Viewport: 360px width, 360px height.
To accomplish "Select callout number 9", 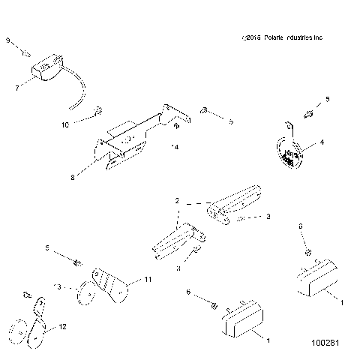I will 8,43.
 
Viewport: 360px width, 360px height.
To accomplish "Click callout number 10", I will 64,124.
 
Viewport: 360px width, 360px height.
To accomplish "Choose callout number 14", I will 175,147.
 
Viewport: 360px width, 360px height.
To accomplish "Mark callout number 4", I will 322,141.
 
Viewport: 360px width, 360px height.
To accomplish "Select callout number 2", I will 177,202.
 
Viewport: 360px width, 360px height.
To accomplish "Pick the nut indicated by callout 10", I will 97,114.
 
